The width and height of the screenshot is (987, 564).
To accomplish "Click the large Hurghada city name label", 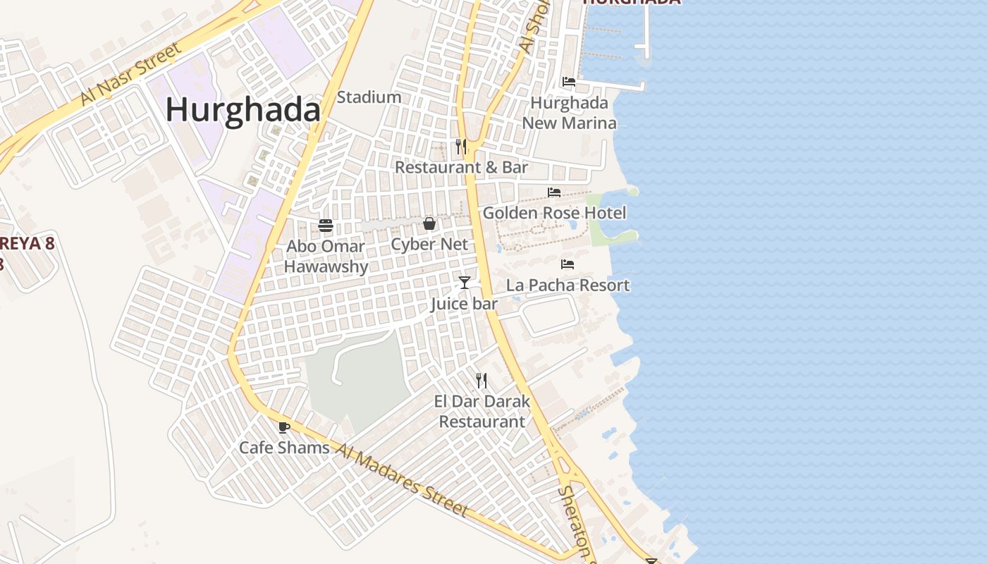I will (243, 110).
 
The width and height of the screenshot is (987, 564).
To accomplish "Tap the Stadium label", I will (369, 97).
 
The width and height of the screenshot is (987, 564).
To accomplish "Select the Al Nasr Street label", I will (130, 74).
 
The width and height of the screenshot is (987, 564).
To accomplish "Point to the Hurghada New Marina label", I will (569, 113).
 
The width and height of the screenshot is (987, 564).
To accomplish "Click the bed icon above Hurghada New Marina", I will (568, 82).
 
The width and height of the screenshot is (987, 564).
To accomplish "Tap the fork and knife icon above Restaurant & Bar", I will (461, 147).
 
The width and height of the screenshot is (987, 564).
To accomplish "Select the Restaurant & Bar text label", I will (461, 168).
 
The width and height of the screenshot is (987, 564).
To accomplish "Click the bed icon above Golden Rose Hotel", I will (554, 192).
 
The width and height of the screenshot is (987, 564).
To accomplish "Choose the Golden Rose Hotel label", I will (554, 213).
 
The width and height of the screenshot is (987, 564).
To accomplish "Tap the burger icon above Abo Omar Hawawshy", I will (326, 226).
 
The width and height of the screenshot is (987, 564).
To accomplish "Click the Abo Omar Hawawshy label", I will (326, 257).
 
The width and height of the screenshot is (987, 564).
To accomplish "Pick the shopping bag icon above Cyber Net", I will (429, 224).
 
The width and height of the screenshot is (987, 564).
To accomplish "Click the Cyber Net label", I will (429, 245).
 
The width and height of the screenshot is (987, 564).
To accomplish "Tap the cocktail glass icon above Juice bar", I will (464, 283).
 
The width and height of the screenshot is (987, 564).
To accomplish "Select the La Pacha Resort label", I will (568, 286).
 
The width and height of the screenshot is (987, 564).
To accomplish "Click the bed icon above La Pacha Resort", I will (568, 264).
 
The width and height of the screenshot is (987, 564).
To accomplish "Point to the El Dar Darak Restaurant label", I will (482, 412).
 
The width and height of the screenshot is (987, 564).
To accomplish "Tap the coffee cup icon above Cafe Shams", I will (283, 427).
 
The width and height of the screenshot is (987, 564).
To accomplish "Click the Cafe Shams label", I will (284, 448).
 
